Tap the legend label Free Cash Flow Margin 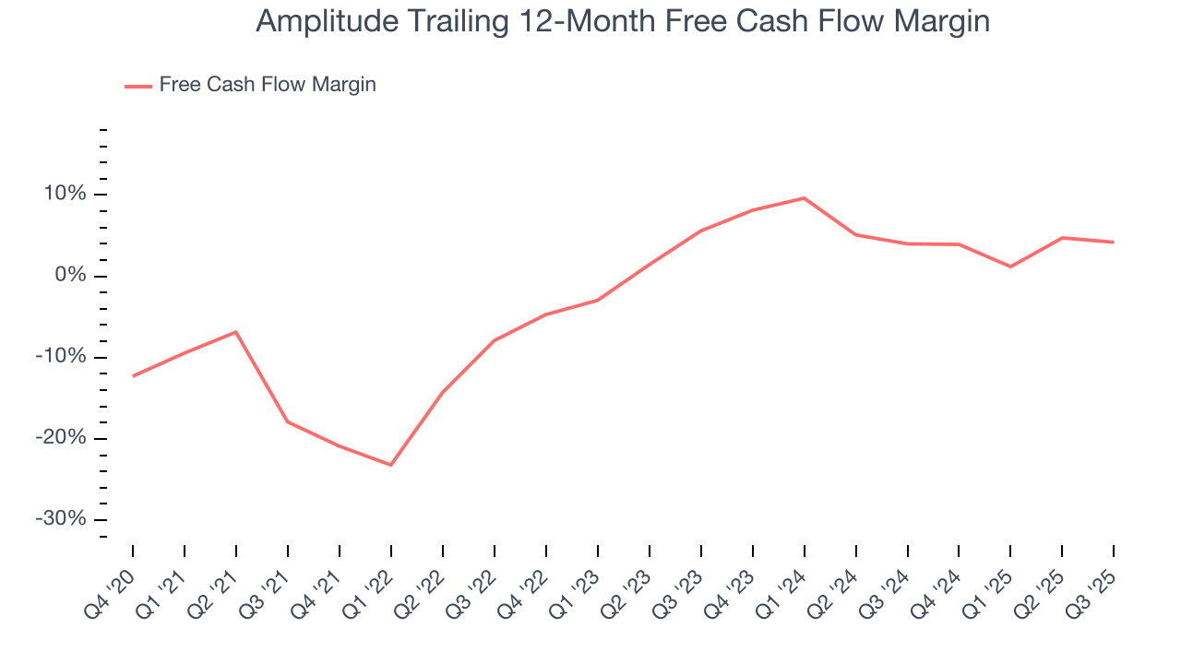point(268,85)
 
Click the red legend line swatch point(138,86)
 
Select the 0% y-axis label point(72,276)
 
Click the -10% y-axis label point(62,357)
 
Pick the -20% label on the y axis point(62,438)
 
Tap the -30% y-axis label point(62,519)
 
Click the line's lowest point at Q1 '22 point(391,465)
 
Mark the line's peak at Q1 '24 point(804,197)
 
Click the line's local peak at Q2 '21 point(236,332)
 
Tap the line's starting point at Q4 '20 point(133,376)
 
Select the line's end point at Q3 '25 point(1114,243)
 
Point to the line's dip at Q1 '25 point(1010,267)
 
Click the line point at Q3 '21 point(288,421)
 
